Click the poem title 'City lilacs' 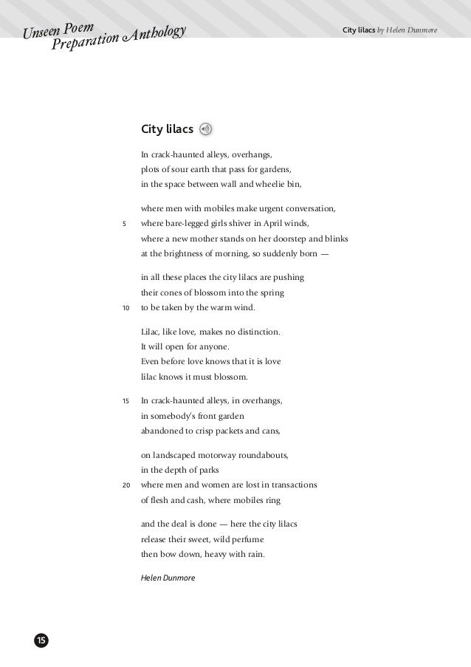coord(167,130)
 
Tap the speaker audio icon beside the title coord(206,129)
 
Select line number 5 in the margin coord(124,224)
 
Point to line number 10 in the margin coord(126,307)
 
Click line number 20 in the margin coord(126,485)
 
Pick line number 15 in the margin coord(126,401)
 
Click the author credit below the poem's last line coord(168,578)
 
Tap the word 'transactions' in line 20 coord(292,485)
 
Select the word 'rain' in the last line coord(255,554)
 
